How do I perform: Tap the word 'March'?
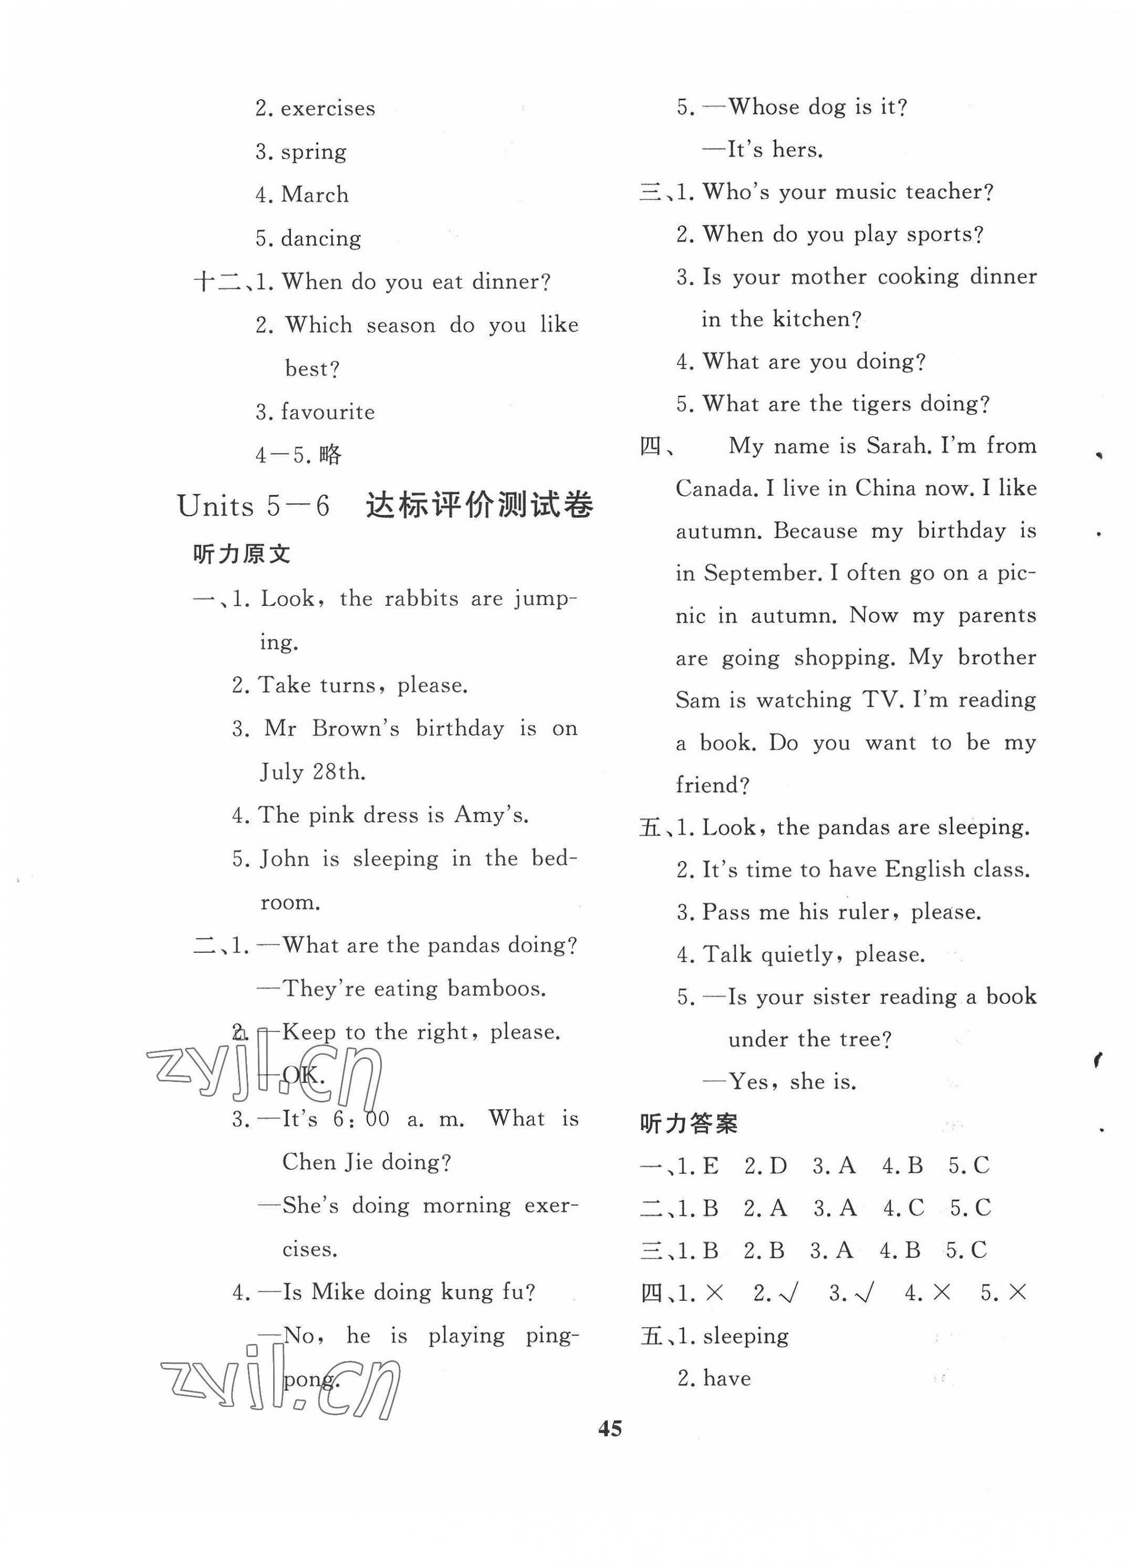click(315, 195)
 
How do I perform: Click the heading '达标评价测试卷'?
click(478, 506)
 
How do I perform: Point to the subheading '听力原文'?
click(241, 554)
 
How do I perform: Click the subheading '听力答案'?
click(688, 1123)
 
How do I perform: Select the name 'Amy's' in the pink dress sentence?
click(490, 815)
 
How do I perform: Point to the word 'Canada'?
click(719, 488)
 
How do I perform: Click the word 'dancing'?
click(320, 238)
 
